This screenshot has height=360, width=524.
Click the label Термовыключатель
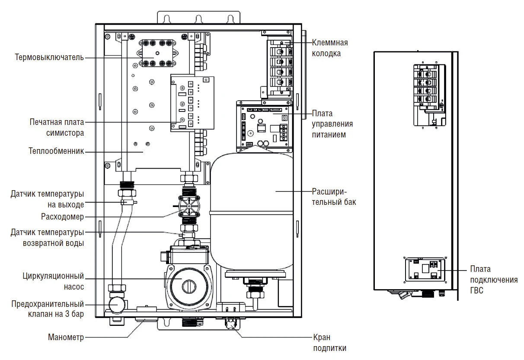pyautogui.click(x=49, y=57)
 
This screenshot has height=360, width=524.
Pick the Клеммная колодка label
pyautogui.click(x=330, y=48)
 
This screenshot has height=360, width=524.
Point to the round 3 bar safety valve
pyautogui.click(x=116, y=304)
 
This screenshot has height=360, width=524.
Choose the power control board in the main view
pyautogui.click(x=264, y=126)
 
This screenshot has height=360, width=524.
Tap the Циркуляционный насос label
pyautogui.click(x=56, y=281)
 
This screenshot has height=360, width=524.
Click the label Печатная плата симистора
pyautogui.click(x=57, y=127)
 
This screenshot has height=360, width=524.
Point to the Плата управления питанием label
pyautogui.click(x=332, y=124)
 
